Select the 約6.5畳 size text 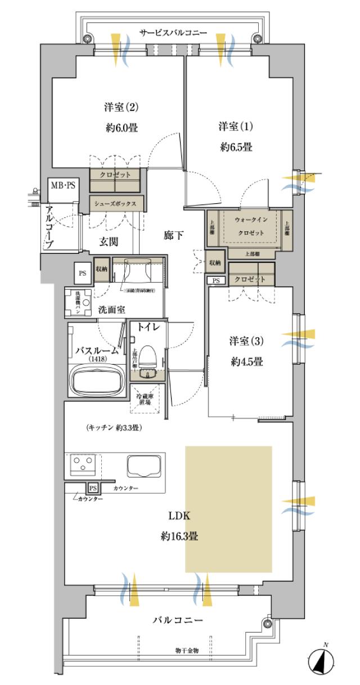click(x=236, y=147)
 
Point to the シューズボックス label click(x=116, y=203)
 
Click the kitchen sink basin click(x=145, y=465)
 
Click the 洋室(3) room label click(x=246, y=341)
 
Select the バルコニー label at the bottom click(x=178, y=620)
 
